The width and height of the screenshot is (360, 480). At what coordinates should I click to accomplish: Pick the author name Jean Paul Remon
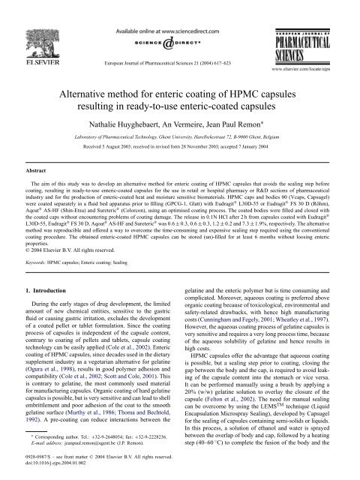244,119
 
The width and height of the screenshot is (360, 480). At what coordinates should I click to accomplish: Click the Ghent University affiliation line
179,133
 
